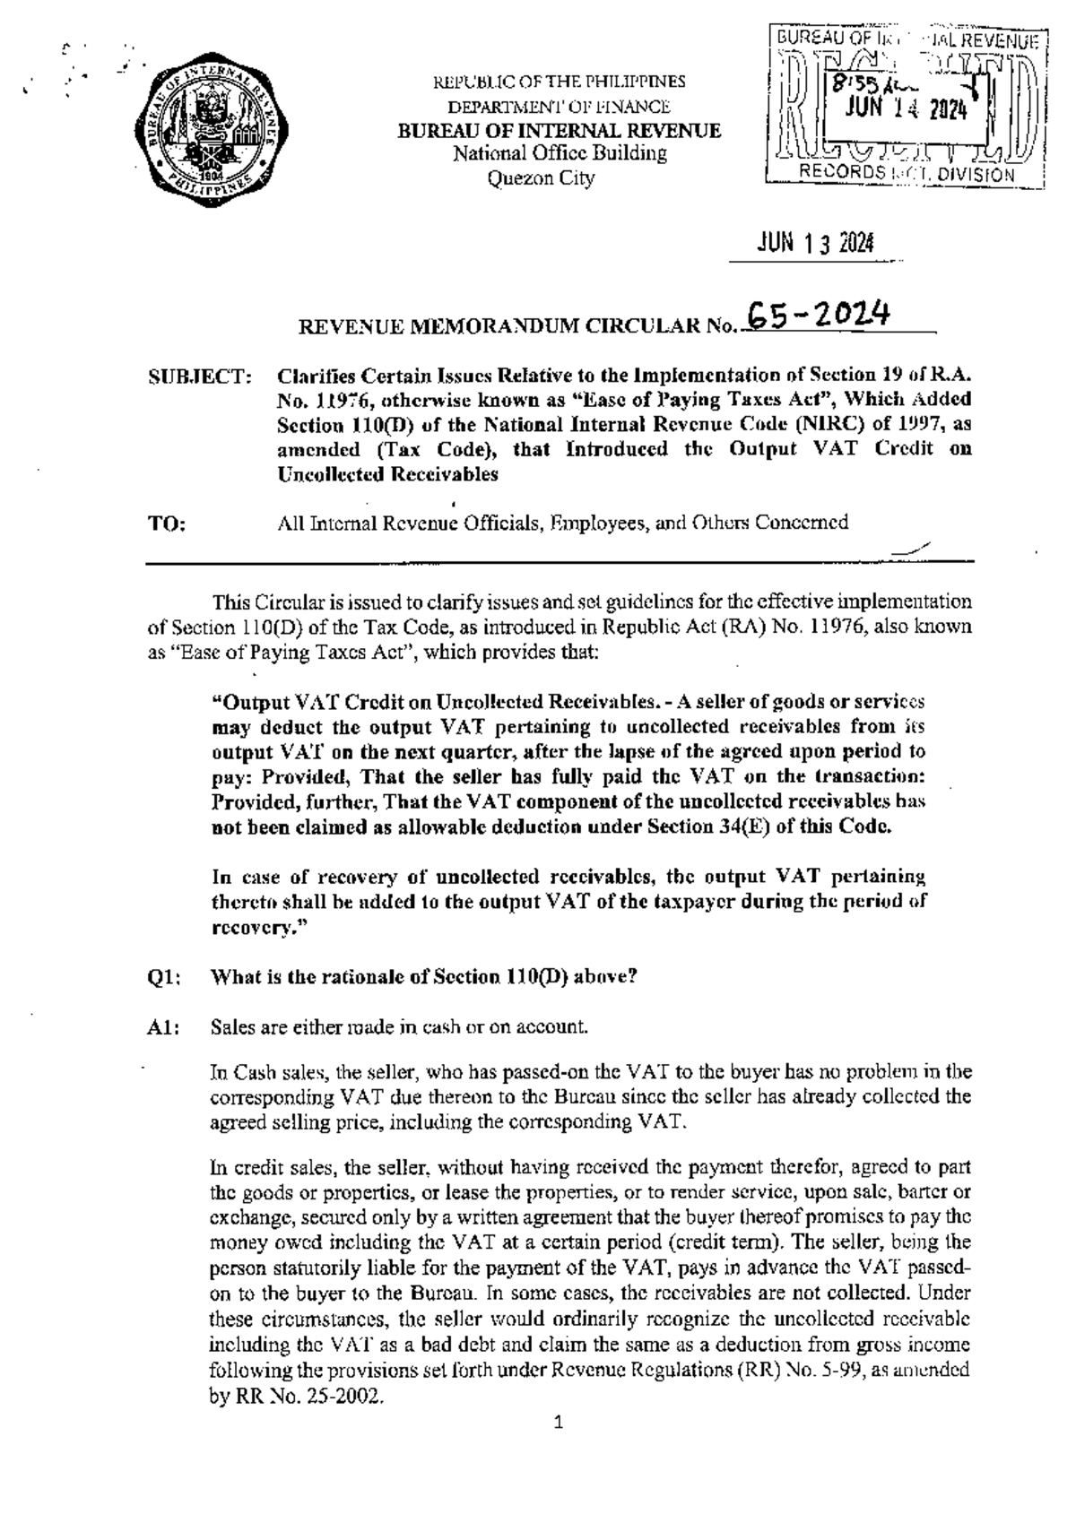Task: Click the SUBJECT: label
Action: point(199,376)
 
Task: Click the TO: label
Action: point(168,524)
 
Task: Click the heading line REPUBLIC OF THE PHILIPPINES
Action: point(560,82)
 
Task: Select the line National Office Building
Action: point(560,153)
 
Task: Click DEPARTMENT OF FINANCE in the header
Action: point(560,107)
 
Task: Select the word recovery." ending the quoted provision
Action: point(259,928)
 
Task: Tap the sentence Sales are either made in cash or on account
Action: point(399,1027)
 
